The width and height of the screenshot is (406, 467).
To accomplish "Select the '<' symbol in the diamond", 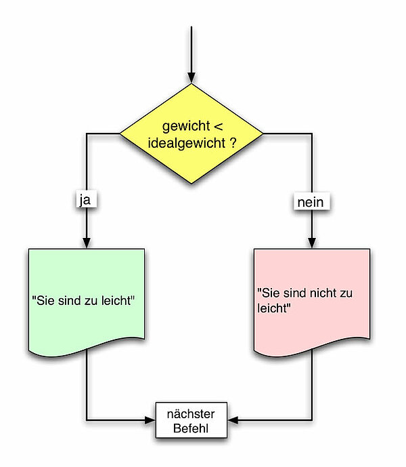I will tap(217, 127).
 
